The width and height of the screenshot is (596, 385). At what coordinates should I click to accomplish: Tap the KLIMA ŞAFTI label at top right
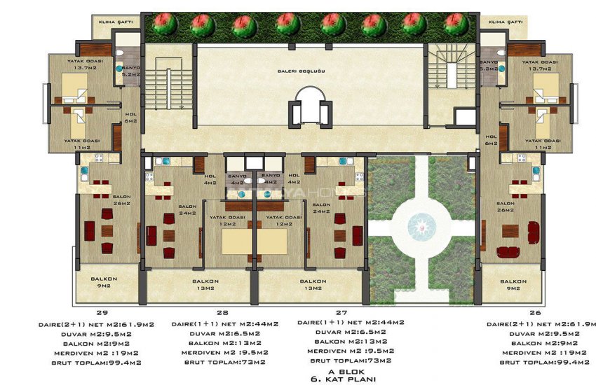pos(505,22)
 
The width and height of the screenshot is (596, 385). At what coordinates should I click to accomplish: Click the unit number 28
pos(224,312)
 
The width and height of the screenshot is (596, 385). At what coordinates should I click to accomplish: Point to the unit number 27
pos(341,312)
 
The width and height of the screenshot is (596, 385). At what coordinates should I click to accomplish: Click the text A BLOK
pos(342,371)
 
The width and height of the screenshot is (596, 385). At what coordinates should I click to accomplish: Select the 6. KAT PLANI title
pos(342,379)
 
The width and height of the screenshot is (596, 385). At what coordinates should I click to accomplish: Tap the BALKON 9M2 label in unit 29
pos(103,283)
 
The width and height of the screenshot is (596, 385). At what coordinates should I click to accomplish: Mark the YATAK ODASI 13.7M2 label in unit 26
pos(539,65)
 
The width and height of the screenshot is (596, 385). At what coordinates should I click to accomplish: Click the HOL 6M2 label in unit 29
pos(130,118)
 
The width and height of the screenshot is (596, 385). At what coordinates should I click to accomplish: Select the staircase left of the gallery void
pos(169,89)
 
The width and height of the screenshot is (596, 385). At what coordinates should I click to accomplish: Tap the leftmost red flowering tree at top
pos(163,25)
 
